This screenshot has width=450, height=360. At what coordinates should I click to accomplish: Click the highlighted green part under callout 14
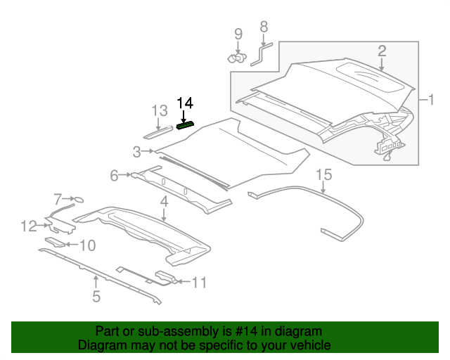[186, 125]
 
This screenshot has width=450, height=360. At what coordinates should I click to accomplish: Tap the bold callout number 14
[185, 103]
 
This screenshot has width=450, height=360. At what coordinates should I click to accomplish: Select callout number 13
[160, 110]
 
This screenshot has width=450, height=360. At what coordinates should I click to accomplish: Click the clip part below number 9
[238, 58]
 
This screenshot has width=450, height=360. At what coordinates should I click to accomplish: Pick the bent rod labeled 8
[261, 53]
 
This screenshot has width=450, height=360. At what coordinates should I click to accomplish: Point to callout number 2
[382, 51]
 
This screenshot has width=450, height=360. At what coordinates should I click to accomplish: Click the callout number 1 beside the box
[431, 100]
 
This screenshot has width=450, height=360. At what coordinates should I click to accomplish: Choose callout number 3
[137, 152]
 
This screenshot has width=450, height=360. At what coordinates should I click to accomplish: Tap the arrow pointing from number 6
[125, 174]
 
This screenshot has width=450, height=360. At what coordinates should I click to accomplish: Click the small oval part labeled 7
[79, 199]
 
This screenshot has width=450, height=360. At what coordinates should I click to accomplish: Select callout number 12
[29, 226]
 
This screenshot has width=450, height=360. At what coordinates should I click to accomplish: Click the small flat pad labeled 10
[55, 242]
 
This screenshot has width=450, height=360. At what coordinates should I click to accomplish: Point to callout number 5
[96, 296]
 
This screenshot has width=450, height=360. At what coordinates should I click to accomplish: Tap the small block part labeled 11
[165, 276]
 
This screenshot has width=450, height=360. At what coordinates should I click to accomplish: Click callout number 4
[164, 202]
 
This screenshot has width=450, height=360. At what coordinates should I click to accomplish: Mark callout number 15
[324, 174]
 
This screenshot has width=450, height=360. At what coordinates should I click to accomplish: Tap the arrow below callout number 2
[381, 64]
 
